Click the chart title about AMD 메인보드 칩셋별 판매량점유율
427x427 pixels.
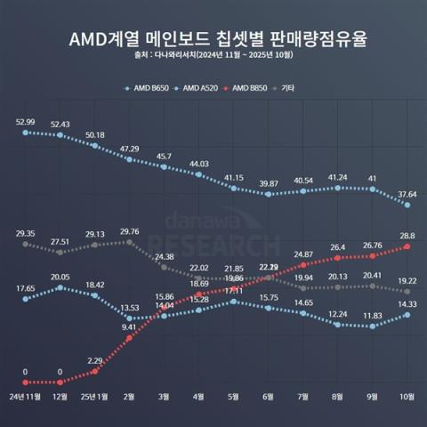[x=213, y=40]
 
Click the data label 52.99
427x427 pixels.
[x=26, y=121]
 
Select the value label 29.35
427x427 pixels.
[x=26, y=232]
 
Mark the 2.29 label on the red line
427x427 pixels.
[x=95, y=360]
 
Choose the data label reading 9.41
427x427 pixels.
[x=130, y=327]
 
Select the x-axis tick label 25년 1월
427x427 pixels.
[x=94, y=397]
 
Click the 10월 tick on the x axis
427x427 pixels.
[x=407, y=397]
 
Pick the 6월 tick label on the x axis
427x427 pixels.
[x=269, y=397]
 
